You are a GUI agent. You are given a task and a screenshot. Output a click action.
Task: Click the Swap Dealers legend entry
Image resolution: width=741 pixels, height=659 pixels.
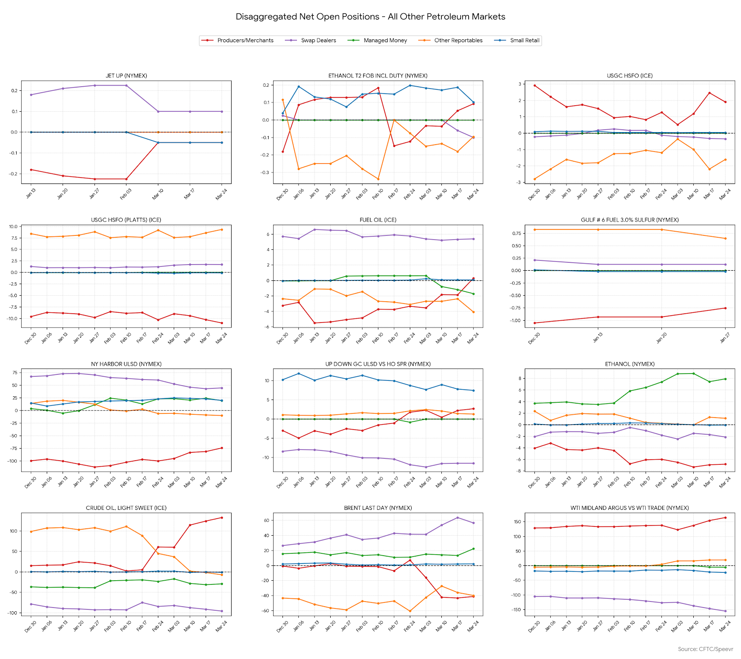pyautogui.click(x=318, y=40)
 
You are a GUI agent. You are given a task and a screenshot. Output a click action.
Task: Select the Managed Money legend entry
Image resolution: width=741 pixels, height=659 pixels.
pyautogui.click(x=385, y=40)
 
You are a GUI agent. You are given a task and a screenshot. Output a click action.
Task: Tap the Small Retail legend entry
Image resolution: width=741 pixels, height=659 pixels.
pyautogui.click(x=524, y=40)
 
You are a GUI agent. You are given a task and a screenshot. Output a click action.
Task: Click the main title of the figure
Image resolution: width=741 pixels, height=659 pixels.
pyautogui.click(x=370, y=17)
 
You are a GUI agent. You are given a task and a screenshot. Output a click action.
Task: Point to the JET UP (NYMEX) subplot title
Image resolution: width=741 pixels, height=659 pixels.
pyautogui.click(x=126, y=76)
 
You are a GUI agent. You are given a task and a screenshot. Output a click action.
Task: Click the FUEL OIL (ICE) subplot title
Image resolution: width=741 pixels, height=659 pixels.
pyautogui.click(x=378, y=220)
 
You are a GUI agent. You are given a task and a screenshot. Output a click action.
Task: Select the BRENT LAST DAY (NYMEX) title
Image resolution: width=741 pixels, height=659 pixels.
pyautogui.click(x=378, y=508)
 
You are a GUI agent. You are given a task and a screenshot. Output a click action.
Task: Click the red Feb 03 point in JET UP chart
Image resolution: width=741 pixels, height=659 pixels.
pyautogui.click(x=126, y=179)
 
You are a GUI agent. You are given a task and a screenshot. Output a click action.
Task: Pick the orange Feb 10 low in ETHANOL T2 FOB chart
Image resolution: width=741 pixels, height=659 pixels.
pyautogui.click(x=378, y=179)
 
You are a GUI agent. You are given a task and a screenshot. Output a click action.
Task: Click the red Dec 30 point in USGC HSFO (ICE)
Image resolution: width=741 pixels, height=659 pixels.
pyautogui.click(x=534, y=85)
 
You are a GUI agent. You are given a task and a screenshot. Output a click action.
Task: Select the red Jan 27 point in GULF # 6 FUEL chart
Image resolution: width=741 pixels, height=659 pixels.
pyautogui.click(x=725, y=308)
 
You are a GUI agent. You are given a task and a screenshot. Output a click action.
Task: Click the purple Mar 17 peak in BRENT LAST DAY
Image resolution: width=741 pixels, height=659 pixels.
pyautogui.click(x=458, y=518)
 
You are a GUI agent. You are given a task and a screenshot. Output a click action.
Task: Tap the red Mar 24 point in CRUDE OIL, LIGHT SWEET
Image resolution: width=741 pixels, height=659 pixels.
pyautogui.click(x=221, y=518)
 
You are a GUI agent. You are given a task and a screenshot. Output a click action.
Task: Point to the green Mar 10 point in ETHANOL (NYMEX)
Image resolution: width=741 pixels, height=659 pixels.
pyautogui.click(x=693, y=374)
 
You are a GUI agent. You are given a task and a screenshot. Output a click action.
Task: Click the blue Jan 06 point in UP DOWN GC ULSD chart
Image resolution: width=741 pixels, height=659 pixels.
pyautogui.click(x=298, y=374)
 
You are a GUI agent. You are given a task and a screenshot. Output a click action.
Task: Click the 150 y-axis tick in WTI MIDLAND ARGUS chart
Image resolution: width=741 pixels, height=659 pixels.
pyautogui.click(x=517, y=522)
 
